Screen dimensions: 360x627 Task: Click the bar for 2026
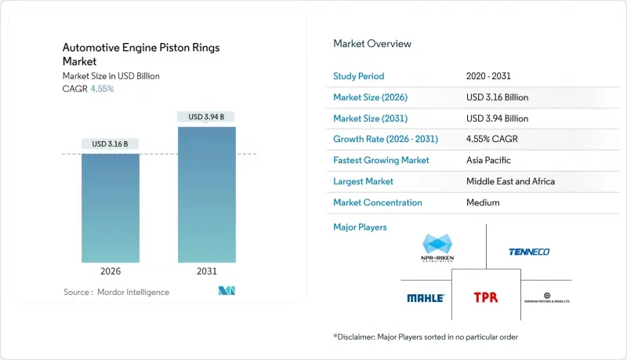tap(111, 207)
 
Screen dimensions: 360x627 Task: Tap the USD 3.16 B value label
tap(111, 144)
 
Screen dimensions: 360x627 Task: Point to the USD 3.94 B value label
tap(207, 117)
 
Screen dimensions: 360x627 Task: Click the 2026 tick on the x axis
tap(111, 271)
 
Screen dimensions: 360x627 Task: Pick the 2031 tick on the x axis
tap(207, 271)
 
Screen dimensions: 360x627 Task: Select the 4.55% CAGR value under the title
tap(103, 89)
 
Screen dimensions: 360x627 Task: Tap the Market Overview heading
tap(372, 44)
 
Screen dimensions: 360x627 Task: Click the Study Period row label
tap(360, 76)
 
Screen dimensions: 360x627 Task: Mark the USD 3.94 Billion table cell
tap(497, 118)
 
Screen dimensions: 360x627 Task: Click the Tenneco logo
tap(529, 252)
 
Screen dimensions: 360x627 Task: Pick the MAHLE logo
tap(426, 298)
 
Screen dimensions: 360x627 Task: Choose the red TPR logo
tap(485, 298)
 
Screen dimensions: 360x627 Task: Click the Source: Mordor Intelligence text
tap(117, 292)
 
